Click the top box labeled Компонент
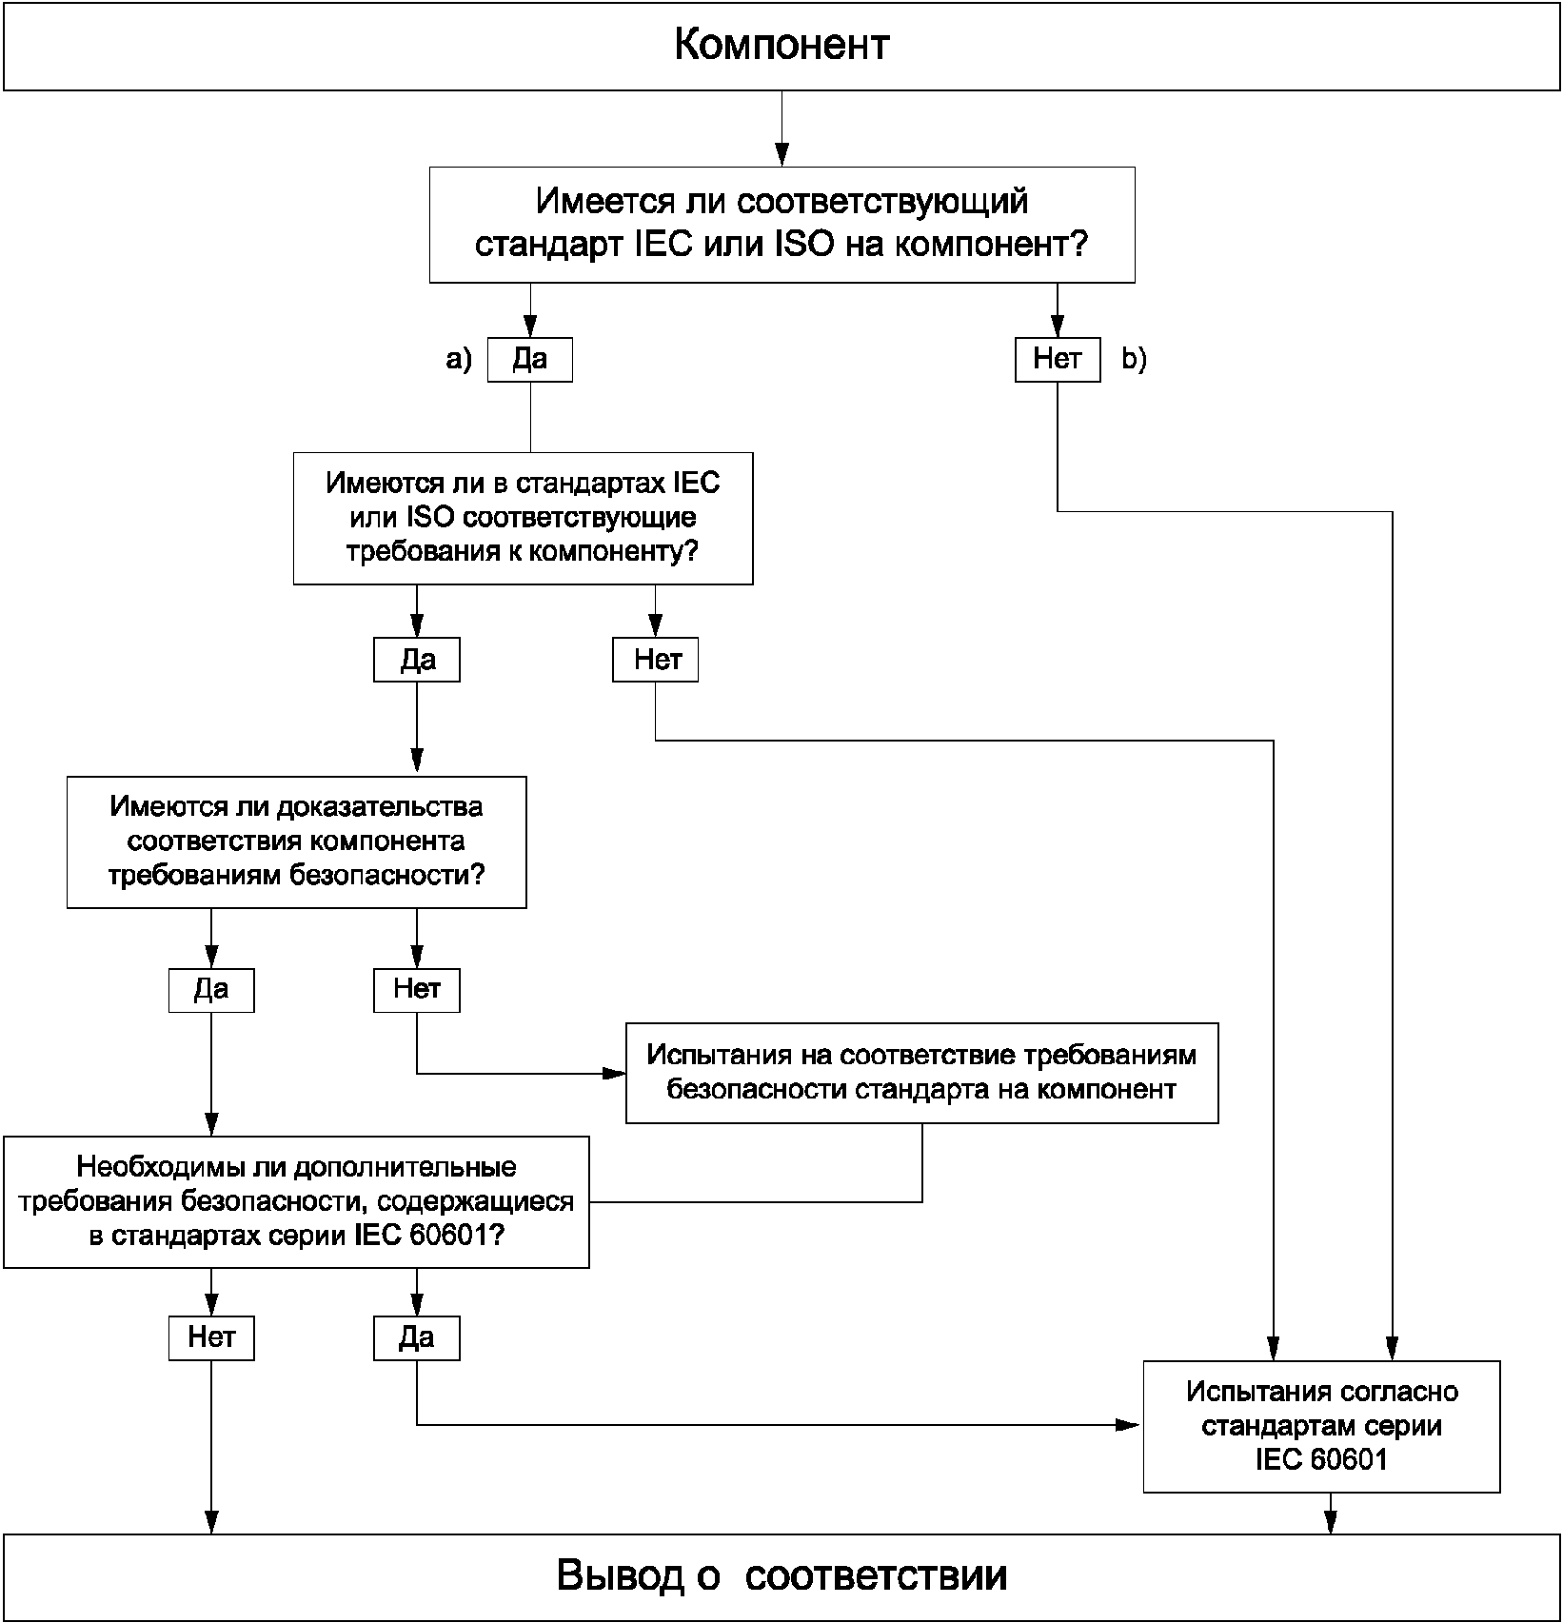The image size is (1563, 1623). [781, 46]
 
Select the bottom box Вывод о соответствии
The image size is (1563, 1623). [781, 1575]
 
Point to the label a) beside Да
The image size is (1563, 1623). [459, 359]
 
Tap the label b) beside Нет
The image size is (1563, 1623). [1135, 359]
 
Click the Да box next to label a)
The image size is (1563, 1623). [530, 360]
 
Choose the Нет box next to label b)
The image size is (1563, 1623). [1057, 360]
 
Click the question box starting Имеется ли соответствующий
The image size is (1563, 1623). [781, 225]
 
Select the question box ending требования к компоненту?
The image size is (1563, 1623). [523, 518]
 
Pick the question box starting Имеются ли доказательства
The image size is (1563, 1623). [296, 841]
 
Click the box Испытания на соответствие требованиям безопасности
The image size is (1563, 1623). [921, 1073]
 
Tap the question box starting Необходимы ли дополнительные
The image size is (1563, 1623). [296, 1201]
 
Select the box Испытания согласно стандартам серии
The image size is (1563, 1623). [1321, 1426]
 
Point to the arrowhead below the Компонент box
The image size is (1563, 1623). [781, 154]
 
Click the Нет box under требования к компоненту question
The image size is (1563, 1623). [655, 661]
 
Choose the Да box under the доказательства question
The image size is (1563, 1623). [211, 990]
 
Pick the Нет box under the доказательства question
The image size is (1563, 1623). [417, 990]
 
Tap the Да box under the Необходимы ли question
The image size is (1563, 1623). [417, 1338]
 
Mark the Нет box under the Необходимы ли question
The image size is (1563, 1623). [211, 1338]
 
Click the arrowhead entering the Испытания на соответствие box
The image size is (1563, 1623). [615, 1074]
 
